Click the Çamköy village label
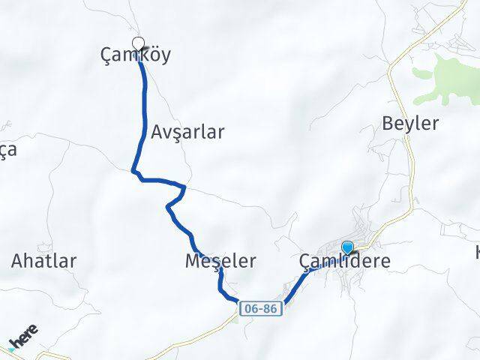click(x=136, y=55)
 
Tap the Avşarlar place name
click(x=187, y=132)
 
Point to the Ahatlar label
click(x=43, y=261)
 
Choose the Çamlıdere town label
click(x=344, y=261)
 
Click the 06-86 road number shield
click(x=261, y=308)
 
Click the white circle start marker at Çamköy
click(x=138, y=43)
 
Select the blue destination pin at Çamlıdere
click(x=347, y=247)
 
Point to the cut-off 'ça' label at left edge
click(x=7, y=149)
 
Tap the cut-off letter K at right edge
click(x=477, y=252)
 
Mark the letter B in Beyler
click(x=388, y=123)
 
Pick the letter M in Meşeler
click(x=191, y=261)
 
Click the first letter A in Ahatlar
click(x=17, y=261)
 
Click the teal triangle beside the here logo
click(x=11, y=349)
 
